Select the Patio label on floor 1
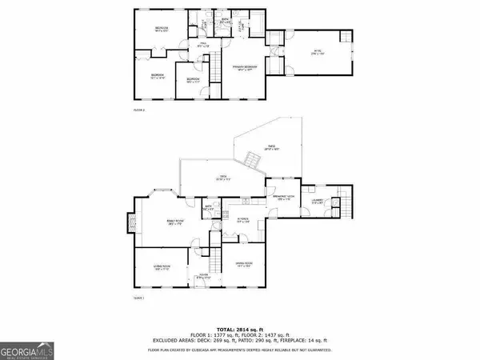(x=271, y=148)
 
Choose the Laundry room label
(x=317, y=201)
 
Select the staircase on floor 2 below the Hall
(x=214, y=71)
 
